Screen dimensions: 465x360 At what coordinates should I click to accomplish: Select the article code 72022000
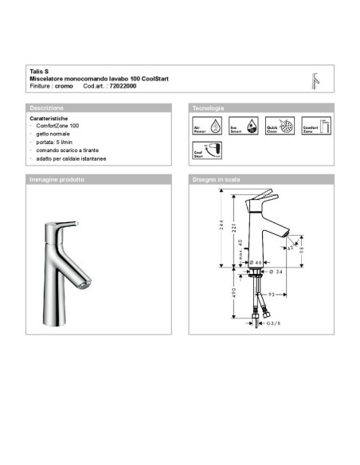(122, 85)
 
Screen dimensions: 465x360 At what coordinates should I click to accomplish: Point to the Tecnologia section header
(209, 107)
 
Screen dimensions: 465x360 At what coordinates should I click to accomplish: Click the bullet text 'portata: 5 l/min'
(61, 143)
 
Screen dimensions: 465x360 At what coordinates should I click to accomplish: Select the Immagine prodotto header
(57, 180)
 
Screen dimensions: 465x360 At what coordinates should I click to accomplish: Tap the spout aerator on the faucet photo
(81, 284)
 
